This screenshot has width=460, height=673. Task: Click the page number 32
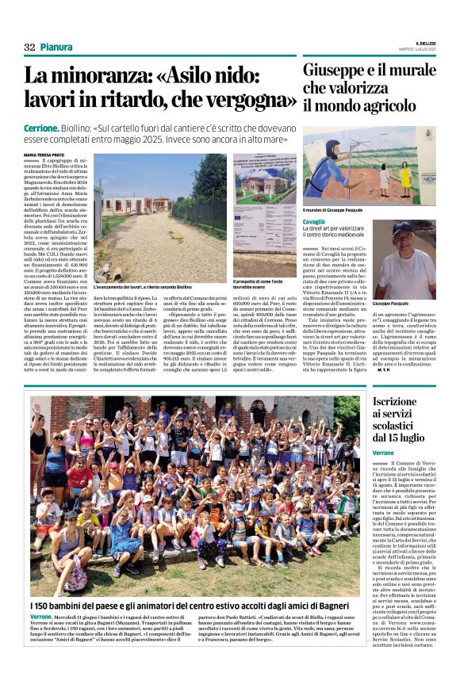tap(29, 48)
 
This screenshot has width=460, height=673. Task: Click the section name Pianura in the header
tap(57, 48)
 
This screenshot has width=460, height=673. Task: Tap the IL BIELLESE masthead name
tap(420, 43)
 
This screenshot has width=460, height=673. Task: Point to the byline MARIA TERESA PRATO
tap(47, 155)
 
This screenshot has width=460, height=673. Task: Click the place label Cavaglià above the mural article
tap(315, 222)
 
